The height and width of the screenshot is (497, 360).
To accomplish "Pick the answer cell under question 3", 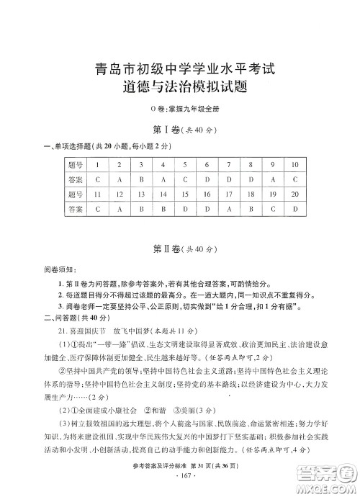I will pyautogui.click(x=142, y=179).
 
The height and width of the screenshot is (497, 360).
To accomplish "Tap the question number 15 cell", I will pyautogui.click(x=186, y=194).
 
